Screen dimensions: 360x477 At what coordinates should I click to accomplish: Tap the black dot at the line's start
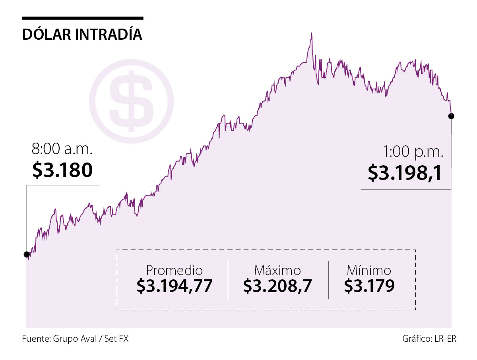27,254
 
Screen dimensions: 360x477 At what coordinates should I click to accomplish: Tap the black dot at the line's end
451,116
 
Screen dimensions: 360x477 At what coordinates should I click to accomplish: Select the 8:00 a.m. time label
62,150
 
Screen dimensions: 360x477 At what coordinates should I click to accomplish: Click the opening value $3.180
62,170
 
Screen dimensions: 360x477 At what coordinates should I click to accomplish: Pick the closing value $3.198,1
405,173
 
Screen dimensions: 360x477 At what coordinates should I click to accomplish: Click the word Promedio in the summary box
174,270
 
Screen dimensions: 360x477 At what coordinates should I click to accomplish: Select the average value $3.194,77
174,286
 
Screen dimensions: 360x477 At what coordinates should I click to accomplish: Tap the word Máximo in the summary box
278,270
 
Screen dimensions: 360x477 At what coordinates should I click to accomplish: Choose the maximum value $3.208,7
278,286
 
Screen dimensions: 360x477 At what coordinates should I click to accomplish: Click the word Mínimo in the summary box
369,270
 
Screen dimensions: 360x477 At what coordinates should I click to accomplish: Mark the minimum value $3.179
369,286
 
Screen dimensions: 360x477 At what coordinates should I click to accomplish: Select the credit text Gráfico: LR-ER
429,339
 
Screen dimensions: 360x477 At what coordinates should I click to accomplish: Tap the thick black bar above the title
82,18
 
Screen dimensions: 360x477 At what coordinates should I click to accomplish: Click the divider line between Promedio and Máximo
228,280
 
